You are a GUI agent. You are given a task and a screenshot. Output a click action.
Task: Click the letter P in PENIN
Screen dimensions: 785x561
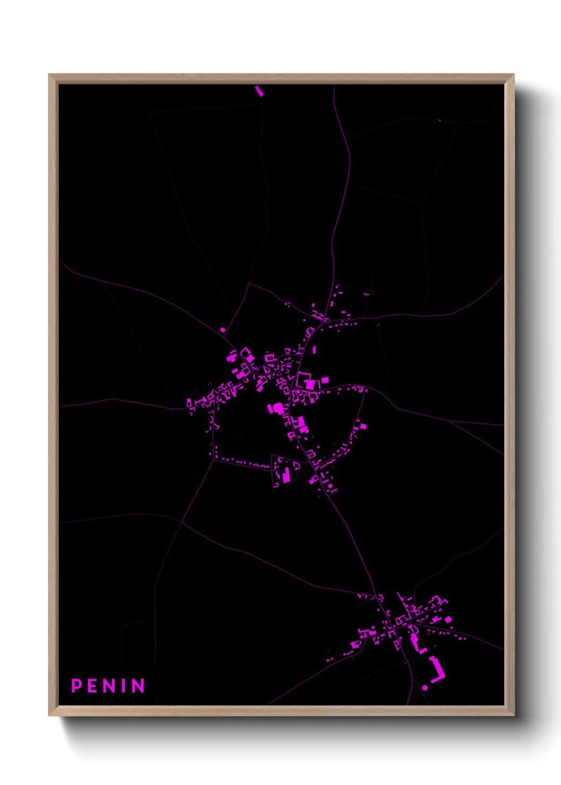[x=76, y=685]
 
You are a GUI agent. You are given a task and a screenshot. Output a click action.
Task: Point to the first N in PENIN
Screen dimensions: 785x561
[x=108, y=685]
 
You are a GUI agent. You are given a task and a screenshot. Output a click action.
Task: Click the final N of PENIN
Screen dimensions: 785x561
[x=138, y=685]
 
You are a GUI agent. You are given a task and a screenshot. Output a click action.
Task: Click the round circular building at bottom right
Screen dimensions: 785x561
[x=425, y=687]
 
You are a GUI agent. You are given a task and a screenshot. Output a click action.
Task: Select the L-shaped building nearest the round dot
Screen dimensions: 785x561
[x=438, y=669]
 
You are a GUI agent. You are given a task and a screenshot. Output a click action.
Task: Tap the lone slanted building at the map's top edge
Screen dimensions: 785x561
[x=259, y=91]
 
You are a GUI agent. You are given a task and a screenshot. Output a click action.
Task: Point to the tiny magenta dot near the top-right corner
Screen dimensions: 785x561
[x=440, y=120]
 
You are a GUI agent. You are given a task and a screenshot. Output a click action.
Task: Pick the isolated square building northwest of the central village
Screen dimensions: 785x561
[x=223, y=330]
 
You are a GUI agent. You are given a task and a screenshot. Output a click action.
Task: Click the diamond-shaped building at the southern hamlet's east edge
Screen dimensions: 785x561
[x=448, y=619]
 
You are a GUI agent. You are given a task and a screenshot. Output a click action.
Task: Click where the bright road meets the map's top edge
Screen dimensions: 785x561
[x=334, y=85]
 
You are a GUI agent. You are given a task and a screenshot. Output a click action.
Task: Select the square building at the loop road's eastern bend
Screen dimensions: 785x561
[x=363, y=425]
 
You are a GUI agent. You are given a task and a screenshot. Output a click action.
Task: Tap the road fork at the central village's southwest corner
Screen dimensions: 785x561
[x=213, y=460]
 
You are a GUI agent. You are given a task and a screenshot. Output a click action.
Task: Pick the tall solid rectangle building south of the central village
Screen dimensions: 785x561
[x=286, y=475]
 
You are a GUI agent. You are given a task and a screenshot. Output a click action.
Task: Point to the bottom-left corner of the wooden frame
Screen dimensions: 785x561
[x=49, y=716]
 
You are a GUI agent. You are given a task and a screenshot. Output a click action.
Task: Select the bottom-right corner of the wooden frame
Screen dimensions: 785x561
[x=513, y=716]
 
